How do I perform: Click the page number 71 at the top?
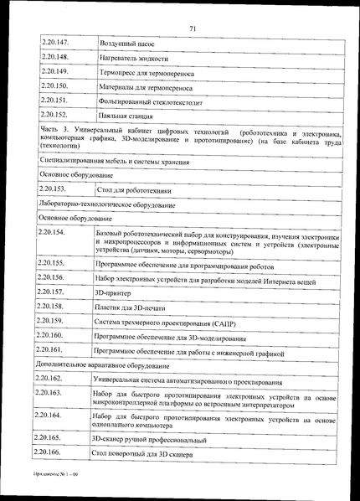(192, 7)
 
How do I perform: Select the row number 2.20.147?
(54, 41)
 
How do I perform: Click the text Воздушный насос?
(126, 42)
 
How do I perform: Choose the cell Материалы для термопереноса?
(146, 86)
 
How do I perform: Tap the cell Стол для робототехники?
(136, 190)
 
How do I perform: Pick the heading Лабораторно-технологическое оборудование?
(107, 204)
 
